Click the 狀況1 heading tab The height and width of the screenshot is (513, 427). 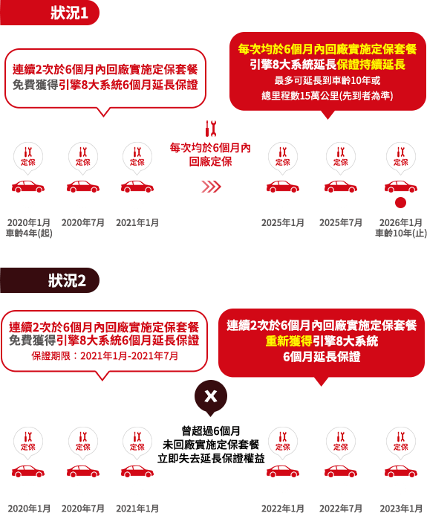point(49,13)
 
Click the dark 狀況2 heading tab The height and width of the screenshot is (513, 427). point(49,280)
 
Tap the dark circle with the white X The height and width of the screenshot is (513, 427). point(211,396)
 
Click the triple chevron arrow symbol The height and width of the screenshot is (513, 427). point(211,187)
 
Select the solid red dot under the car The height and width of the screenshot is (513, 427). point(400,202)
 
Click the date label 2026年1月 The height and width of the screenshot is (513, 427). point(400,223)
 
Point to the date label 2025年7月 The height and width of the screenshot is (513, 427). point(341,223)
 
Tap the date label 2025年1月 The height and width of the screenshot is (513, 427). point(283,223)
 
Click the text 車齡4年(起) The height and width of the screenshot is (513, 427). point(29,233)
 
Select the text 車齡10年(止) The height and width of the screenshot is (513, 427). point(401,233)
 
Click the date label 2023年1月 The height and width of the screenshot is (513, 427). point(401,509)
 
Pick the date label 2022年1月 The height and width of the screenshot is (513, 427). point(283,509)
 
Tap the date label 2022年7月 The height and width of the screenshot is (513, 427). point(341,509)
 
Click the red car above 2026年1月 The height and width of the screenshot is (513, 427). point(401,187)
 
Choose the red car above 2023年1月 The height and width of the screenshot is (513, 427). point(401,471)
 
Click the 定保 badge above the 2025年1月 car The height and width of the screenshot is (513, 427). point(283,157)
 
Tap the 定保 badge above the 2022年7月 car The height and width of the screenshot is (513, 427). point(341,442)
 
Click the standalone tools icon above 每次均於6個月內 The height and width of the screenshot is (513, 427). point(211,129)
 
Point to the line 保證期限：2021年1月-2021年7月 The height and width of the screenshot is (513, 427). point(105,355)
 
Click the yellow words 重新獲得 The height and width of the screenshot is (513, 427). point(289,341)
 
